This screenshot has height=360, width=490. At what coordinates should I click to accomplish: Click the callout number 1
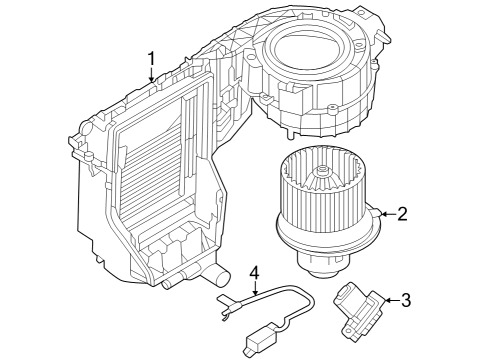[x=151, y=59]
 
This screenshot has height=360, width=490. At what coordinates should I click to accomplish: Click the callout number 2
[x=402, y=213]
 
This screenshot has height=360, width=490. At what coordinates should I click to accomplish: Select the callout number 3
[x=406, y=299]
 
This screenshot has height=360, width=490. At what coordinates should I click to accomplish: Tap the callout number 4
[x=254, y=272]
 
